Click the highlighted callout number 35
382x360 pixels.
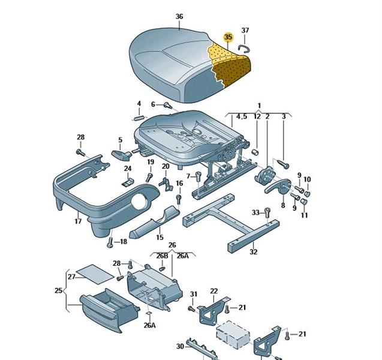pyautogui.click(x=227, y=37)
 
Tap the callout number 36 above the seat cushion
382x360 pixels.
pyautogui.click(x=179, y=16)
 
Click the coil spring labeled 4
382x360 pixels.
pyautogui.click(x=139, y=117)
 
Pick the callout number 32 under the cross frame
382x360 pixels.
pyautogui.click(x=253, y=253)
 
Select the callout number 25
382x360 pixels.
pyautogui.click(x=58, y=291)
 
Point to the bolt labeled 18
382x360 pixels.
pyautogui.click(x=110, y=243)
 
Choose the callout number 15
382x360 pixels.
pyautogui.click(x=160, y=237)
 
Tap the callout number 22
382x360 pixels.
pyautogui.click(x=213, y=291)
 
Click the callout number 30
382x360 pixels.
pyautogui.click(x=179, y=346)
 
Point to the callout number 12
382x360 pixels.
pyautogui.click(x=257, y=116)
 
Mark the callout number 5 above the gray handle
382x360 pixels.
pyautogui.click(x=120, y=140)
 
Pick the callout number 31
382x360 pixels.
pyautogui.click(x=194, y=294)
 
